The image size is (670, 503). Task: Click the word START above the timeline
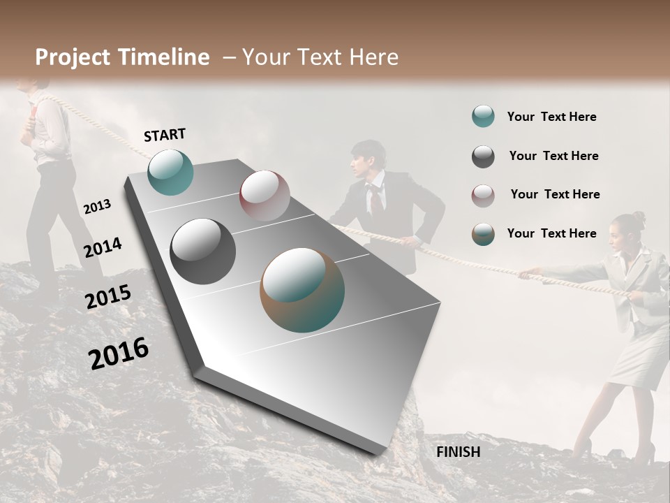pyautogui.click(x=165, y=135)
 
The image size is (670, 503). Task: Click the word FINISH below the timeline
pyautogui.click(x=458, y=452)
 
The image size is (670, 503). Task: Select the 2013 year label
pyautogui.click(x=97, y=207)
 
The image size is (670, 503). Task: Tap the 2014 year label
pyautogui.click(x=103, y=248)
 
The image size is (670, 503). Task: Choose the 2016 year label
pyautogui.click(x=119, y=353)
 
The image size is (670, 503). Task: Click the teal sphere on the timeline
pyautogui.click(x=170, y=172)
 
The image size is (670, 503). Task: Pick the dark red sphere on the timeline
pyautogui.click(x=265, y=196)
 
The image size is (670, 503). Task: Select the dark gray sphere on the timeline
pyautogui.click(x=202, y=251)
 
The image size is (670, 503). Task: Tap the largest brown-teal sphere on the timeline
pyautogui.click(x=301, y=290)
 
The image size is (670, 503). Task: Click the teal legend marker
pyautogui.click(x=483, y=117)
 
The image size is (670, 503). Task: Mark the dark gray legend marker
pyautogui.click(x=483, y=156)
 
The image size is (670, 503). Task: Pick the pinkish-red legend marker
pyautogui.click(x=483, y=196)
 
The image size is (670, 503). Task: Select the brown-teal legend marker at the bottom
pyautogui.click(x=483, y=234)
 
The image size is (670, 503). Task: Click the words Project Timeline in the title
pyautogui.click(x=122, y=57)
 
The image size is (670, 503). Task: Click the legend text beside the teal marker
pyautogui.click(x=551, y=117)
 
